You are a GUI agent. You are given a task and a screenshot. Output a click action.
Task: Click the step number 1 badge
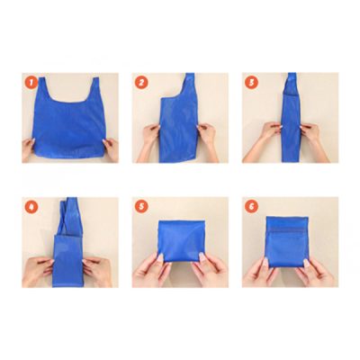click(31, 82)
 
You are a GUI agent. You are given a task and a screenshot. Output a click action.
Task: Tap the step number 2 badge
click(141, 82)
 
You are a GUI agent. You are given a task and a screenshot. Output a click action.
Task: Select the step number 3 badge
click(252, 82)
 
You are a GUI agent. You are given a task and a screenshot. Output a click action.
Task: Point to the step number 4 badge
click(31, 206)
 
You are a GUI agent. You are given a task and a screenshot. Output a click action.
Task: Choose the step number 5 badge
click(141, 206)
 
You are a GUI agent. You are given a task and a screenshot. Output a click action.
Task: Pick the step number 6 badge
click(252, 206)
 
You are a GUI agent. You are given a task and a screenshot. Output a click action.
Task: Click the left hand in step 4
click(38, 267)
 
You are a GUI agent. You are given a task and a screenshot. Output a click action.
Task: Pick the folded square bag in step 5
click(178, 243)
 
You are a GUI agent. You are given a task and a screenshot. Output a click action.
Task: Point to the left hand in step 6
click(258, 270)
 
